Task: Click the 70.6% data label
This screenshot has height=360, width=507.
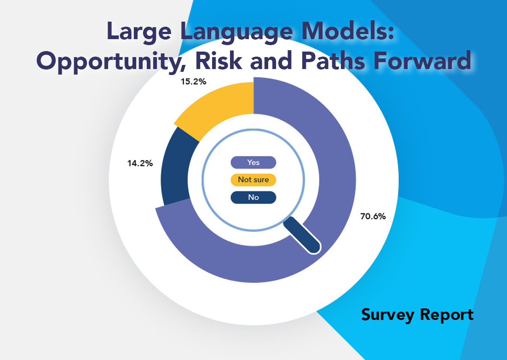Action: [373, 216]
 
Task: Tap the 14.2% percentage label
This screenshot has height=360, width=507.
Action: [140, 163]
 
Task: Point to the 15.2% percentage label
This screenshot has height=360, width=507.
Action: [193, 81]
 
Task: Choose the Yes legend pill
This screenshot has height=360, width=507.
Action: [253, 163]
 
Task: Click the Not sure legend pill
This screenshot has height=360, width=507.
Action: [253, 180]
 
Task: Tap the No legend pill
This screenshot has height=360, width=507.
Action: [253, 197]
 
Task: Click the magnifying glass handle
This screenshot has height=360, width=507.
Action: [302, 235]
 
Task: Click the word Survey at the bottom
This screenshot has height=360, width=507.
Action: [387, 315]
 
